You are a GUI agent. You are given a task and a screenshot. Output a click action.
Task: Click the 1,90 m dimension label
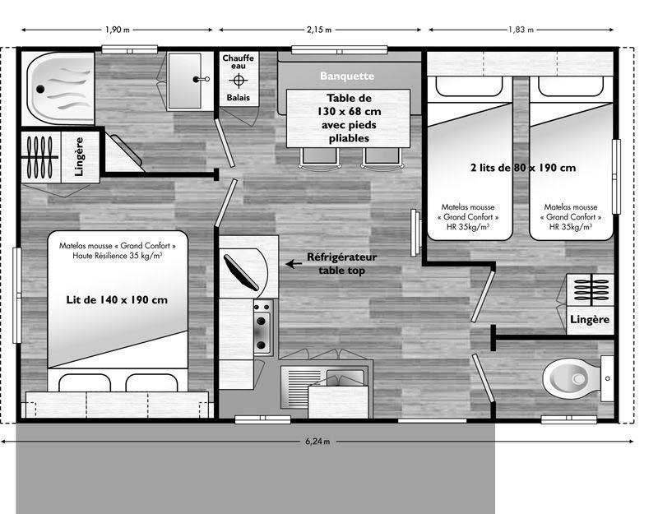pyautogui.click(x=118, y=30)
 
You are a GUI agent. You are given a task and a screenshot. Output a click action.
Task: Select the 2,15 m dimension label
pyautogui.click(x=319, y=30)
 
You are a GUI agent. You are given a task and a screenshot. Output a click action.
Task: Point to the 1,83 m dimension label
pyautogui.click(x=521, y=30)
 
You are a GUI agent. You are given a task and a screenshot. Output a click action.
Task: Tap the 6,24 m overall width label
pyautogui.click(x=317, y=442)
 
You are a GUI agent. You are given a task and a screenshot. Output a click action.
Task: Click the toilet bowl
pyautogui.click(x=571, y=379)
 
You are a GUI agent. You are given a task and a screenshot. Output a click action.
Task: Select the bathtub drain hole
pyautogui.click(x=40, y=89)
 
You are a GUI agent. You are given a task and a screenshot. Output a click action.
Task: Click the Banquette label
pyautogui.click(x=347, y=76)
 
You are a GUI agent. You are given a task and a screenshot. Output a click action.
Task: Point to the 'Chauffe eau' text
pyautogui.click(x=238, y=62)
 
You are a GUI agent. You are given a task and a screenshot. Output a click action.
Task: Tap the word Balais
pyautogui.click(x=238, y=97)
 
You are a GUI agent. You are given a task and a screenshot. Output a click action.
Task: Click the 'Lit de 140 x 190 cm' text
pyautogui.click(x=117, y=299)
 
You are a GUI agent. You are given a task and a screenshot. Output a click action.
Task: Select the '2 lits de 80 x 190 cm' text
pyautogui.click(x=523, y=168)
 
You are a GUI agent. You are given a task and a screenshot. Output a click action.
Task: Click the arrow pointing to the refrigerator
pyautogui.click(x=294, y=264)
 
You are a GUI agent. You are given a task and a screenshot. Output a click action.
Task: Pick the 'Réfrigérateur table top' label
pyautogui.click(x=341, y=263)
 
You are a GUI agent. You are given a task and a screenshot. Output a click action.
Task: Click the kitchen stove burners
pyautogui.click(x=262, y=326)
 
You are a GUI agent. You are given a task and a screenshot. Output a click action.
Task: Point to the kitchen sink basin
pyautogui.click(x=345, y=377)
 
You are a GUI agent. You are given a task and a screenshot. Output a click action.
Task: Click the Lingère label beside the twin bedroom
pyautogui.click(x=590, y=320)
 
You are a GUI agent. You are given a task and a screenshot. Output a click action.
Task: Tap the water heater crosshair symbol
pyautogui.click(x=238, y=80)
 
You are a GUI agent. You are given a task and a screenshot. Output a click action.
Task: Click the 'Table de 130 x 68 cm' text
pyautogui.click(x=349, y=105)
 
